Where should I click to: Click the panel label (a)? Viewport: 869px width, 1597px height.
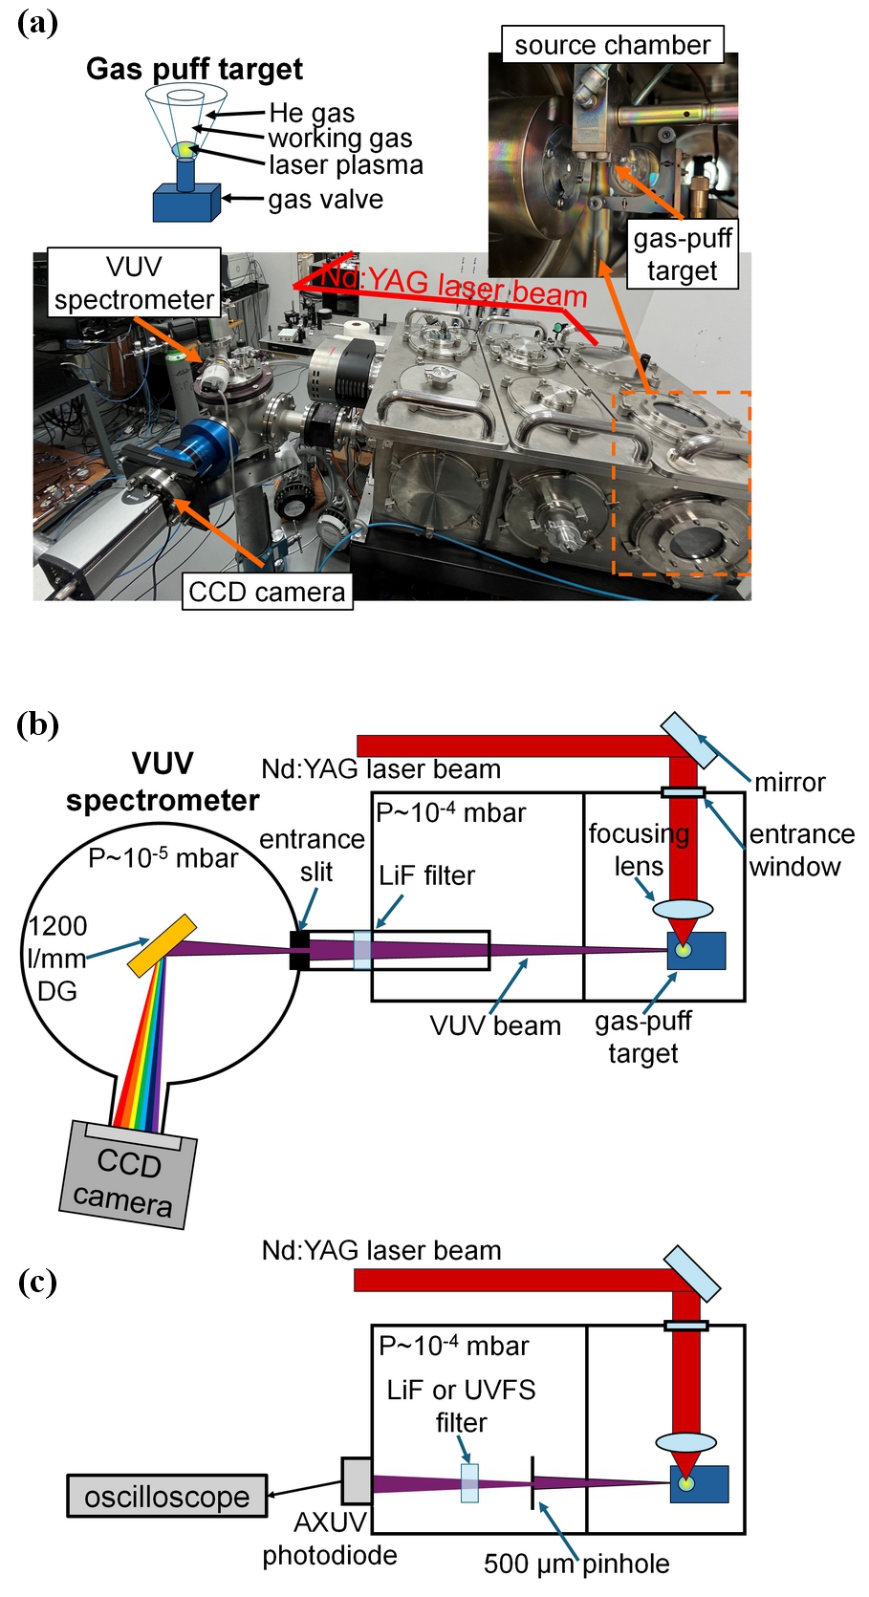pos(37,23)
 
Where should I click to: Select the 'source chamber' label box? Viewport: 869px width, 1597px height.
pos(613,44)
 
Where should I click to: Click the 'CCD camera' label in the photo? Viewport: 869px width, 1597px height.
pos(268,591)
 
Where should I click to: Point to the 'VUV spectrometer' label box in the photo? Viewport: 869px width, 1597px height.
pos(134,282)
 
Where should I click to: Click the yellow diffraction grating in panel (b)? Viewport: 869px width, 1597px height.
pos(162,945)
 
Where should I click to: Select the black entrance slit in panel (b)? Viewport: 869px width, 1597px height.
pos(299,950)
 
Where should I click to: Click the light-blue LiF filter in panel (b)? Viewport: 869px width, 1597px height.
pos(363,950)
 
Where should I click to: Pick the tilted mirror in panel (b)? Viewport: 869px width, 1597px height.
pos(688,740)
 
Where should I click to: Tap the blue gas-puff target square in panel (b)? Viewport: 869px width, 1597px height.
pos(697,950)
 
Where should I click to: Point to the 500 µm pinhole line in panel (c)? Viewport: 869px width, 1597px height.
pos(532,1483)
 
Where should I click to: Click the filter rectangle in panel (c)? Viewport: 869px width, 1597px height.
pos(469,1483)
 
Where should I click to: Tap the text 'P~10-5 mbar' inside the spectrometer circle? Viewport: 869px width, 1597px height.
pos(163,857)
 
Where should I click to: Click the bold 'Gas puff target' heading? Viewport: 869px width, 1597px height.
pos(195,69)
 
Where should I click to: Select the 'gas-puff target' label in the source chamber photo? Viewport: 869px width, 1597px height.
pos(683,254)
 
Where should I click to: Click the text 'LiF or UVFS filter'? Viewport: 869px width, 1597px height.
pos(461,1405)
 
